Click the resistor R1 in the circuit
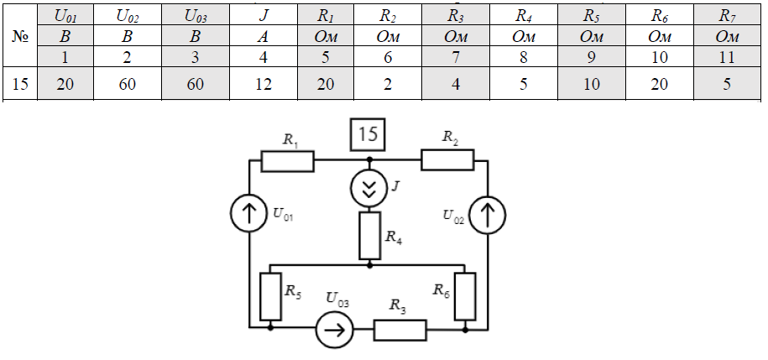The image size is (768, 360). click(287, 160)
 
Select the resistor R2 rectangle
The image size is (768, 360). click(447, 160)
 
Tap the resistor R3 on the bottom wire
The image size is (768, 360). click(400, 331)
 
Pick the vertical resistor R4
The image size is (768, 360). click(370, 236)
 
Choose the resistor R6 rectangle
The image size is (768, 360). click(465, 295)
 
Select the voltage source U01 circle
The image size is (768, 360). click(249, 215)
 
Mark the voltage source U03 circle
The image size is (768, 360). click(335, 331)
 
